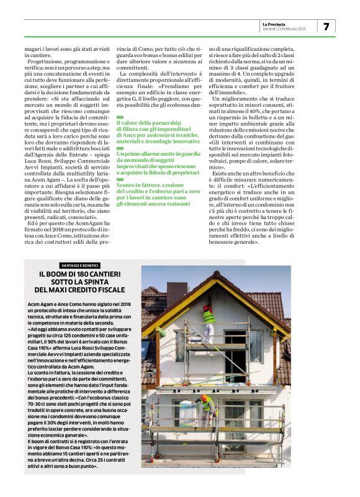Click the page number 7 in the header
click(326, 26)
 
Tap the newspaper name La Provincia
click(276, 24)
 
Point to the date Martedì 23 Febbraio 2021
click(284, 29)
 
